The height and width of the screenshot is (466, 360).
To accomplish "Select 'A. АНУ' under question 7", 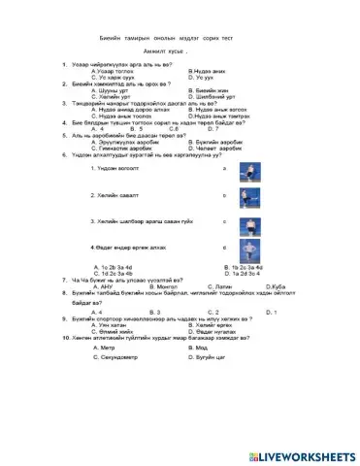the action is click(101, 286).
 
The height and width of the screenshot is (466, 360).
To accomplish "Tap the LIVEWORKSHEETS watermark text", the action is click(304, 456).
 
